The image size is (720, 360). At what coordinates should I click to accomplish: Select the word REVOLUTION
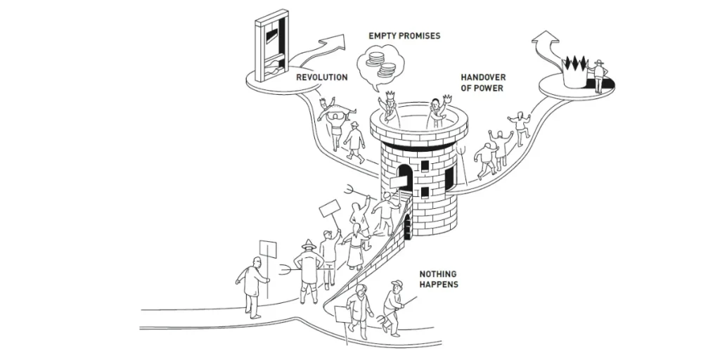coord(321,77)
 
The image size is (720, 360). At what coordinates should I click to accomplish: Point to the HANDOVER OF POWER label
coord(482,83)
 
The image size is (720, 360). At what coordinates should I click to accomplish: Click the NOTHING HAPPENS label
coord(439,279)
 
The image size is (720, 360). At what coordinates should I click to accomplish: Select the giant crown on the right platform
coord(576,70)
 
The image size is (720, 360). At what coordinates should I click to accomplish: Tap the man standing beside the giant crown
coord(598,76)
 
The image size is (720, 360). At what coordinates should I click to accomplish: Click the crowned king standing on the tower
coord(388,109)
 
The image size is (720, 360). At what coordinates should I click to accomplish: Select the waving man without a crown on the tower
coord(436,111)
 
